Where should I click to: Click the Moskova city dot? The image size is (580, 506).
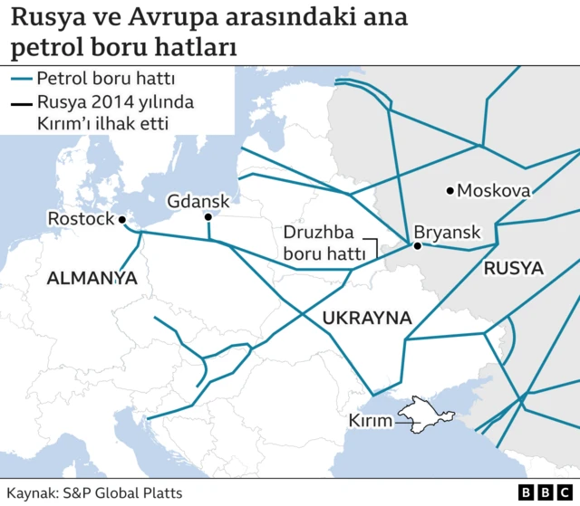click(450, 190)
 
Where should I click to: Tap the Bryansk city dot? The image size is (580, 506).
click(417, 245)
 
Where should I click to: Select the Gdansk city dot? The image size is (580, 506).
click(208, 217)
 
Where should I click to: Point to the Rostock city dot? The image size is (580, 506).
click(122, 218)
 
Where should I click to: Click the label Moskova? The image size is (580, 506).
click(494, 191)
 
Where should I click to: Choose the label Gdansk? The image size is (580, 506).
click(198, 201)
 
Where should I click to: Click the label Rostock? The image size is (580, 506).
click(81, 219)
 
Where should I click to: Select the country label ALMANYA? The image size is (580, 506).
click(92, 279)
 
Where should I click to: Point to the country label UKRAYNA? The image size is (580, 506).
click(367, 318)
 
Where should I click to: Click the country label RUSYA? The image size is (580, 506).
click(513, 269)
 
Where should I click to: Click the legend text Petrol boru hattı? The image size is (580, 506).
click(100, 79)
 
